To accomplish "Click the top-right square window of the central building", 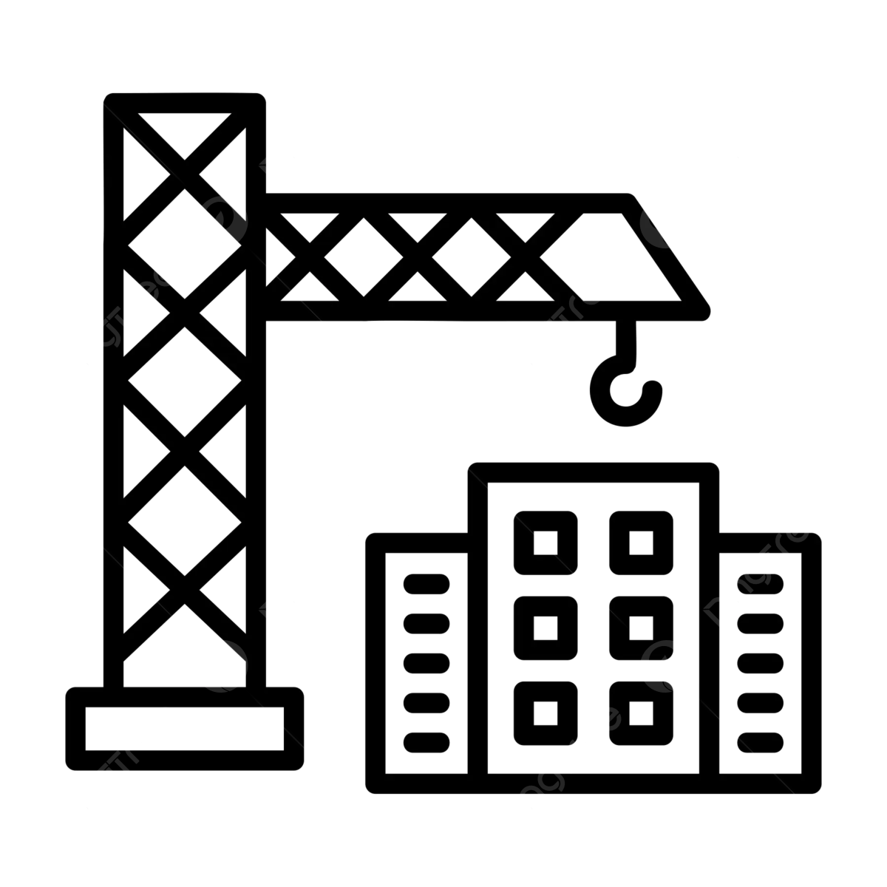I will click(x=641, y=543).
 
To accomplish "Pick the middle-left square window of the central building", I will click(x=546, y=628).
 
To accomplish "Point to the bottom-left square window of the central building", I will click(x=546, y=713).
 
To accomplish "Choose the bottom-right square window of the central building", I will click(x=641, y=713).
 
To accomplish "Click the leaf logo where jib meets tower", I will click(x=221, y=220).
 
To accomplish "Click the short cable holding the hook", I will click(x=627, y=336).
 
